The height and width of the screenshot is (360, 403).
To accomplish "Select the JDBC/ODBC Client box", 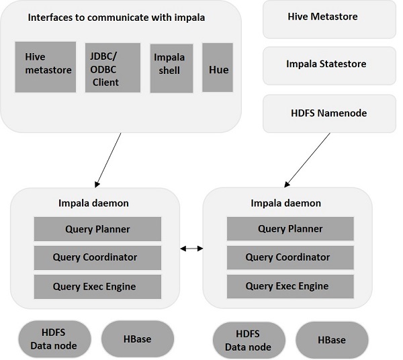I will coord(113,69).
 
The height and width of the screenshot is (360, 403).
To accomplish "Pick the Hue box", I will coord(218,68).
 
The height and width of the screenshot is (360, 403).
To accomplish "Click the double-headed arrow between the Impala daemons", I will coord(191,249).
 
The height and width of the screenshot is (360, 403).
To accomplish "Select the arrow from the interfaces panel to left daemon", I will coord(109,159).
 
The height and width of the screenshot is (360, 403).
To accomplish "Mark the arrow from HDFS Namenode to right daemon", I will coord(308,159).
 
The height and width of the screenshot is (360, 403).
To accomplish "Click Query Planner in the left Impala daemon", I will coord(97,229).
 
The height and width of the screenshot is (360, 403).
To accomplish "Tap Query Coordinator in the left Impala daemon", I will coord(97,257).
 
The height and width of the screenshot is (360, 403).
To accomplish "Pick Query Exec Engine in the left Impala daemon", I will coord(97,286).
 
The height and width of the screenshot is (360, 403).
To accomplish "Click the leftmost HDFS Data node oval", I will coord(54,339).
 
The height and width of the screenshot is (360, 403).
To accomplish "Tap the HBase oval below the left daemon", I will coord(138,339).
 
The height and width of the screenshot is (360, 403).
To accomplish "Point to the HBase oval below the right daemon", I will coord(331,340).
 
